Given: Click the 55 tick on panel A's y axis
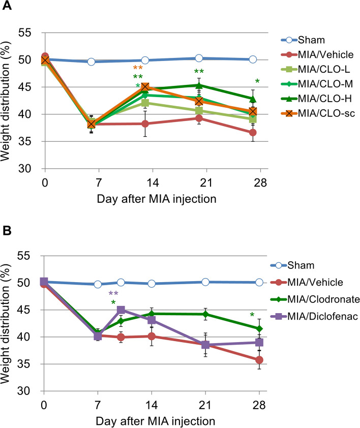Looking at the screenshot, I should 32,33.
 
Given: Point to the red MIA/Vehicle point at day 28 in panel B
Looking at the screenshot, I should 259,360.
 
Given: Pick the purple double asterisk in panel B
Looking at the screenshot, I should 113,294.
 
